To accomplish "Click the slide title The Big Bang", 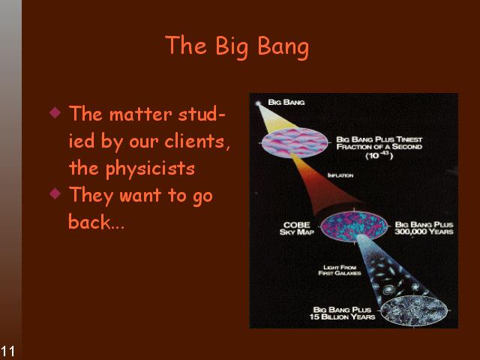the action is tap(237, 46).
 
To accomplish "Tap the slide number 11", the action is tap(7, 351).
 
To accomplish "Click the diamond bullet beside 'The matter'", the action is tap(55, 112).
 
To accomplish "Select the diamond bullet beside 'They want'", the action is tap(55, 193).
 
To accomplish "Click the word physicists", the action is tap(150, 169).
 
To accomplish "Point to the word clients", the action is tap(196, 142).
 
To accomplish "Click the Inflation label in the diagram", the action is tap(340, 175).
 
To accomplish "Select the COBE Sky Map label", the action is tap(297, 229).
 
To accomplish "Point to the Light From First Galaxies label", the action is tap(340, 270).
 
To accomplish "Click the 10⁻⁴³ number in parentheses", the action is tap(379, 155).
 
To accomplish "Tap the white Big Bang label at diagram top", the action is tap(286, 102).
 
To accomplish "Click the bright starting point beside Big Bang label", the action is tap(258, 103).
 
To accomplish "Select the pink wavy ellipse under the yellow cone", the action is tap(295, 143).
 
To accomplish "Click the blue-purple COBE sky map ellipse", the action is tap(354, 226).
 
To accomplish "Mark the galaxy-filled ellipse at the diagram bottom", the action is tap(414, 310).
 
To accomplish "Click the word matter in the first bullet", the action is tap(141, 115).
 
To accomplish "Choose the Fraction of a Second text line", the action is tap(379, 147).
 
